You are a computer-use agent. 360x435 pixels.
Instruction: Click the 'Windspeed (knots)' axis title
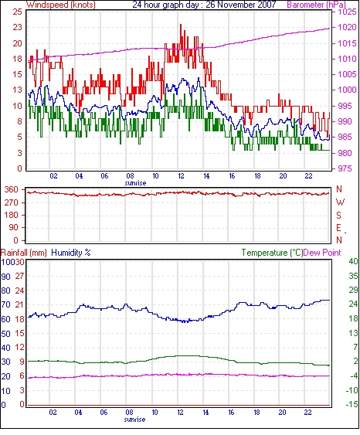click(x=61, y=5)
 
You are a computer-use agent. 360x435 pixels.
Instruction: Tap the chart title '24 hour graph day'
click(x=165, y=5)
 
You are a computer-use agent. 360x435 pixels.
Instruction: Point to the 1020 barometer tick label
click(x=347, y=27)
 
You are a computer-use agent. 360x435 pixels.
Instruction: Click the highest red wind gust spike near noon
click(x=181, y=25)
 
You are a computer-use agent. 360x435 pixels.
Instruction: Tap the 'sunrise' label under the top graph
click(x=135, y=183)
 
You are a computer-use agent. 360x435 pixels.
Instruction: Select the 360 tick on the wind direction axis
click(x=12, y=190)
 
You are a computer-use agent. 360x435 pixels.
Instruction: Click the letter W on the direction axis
click(x=340, y=202)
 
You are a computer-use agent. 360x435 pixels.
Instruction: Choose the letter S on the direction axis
click(x=338, y=215)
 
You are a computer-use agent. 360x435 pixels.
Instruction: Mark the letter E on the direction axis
click(x=338, y=228)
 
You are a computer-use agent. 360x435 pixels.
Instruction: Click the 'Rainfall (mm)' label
click(x=24, y=253)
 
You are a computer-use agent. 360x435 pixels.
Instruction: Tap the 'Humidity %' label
click(x=71, y=253)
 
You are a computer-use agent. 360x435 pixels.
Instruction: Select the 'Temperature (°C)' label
click(x=272, y=253)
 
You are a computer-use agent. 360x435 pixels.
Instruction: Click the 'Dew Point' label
click(x=322, y=253)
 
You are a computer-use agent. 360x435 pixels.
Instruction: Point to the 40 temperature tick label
click(x=353, y=261)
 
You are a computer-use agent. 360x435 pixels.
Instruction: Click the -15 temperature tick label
click(x=352, y=404)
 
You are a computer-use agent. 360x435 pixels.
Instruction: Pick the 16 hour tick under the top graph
click(x=232, y=175)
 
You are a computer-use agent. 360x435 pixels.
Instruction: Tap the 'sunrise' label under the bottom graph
click(x=134, y=420)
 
